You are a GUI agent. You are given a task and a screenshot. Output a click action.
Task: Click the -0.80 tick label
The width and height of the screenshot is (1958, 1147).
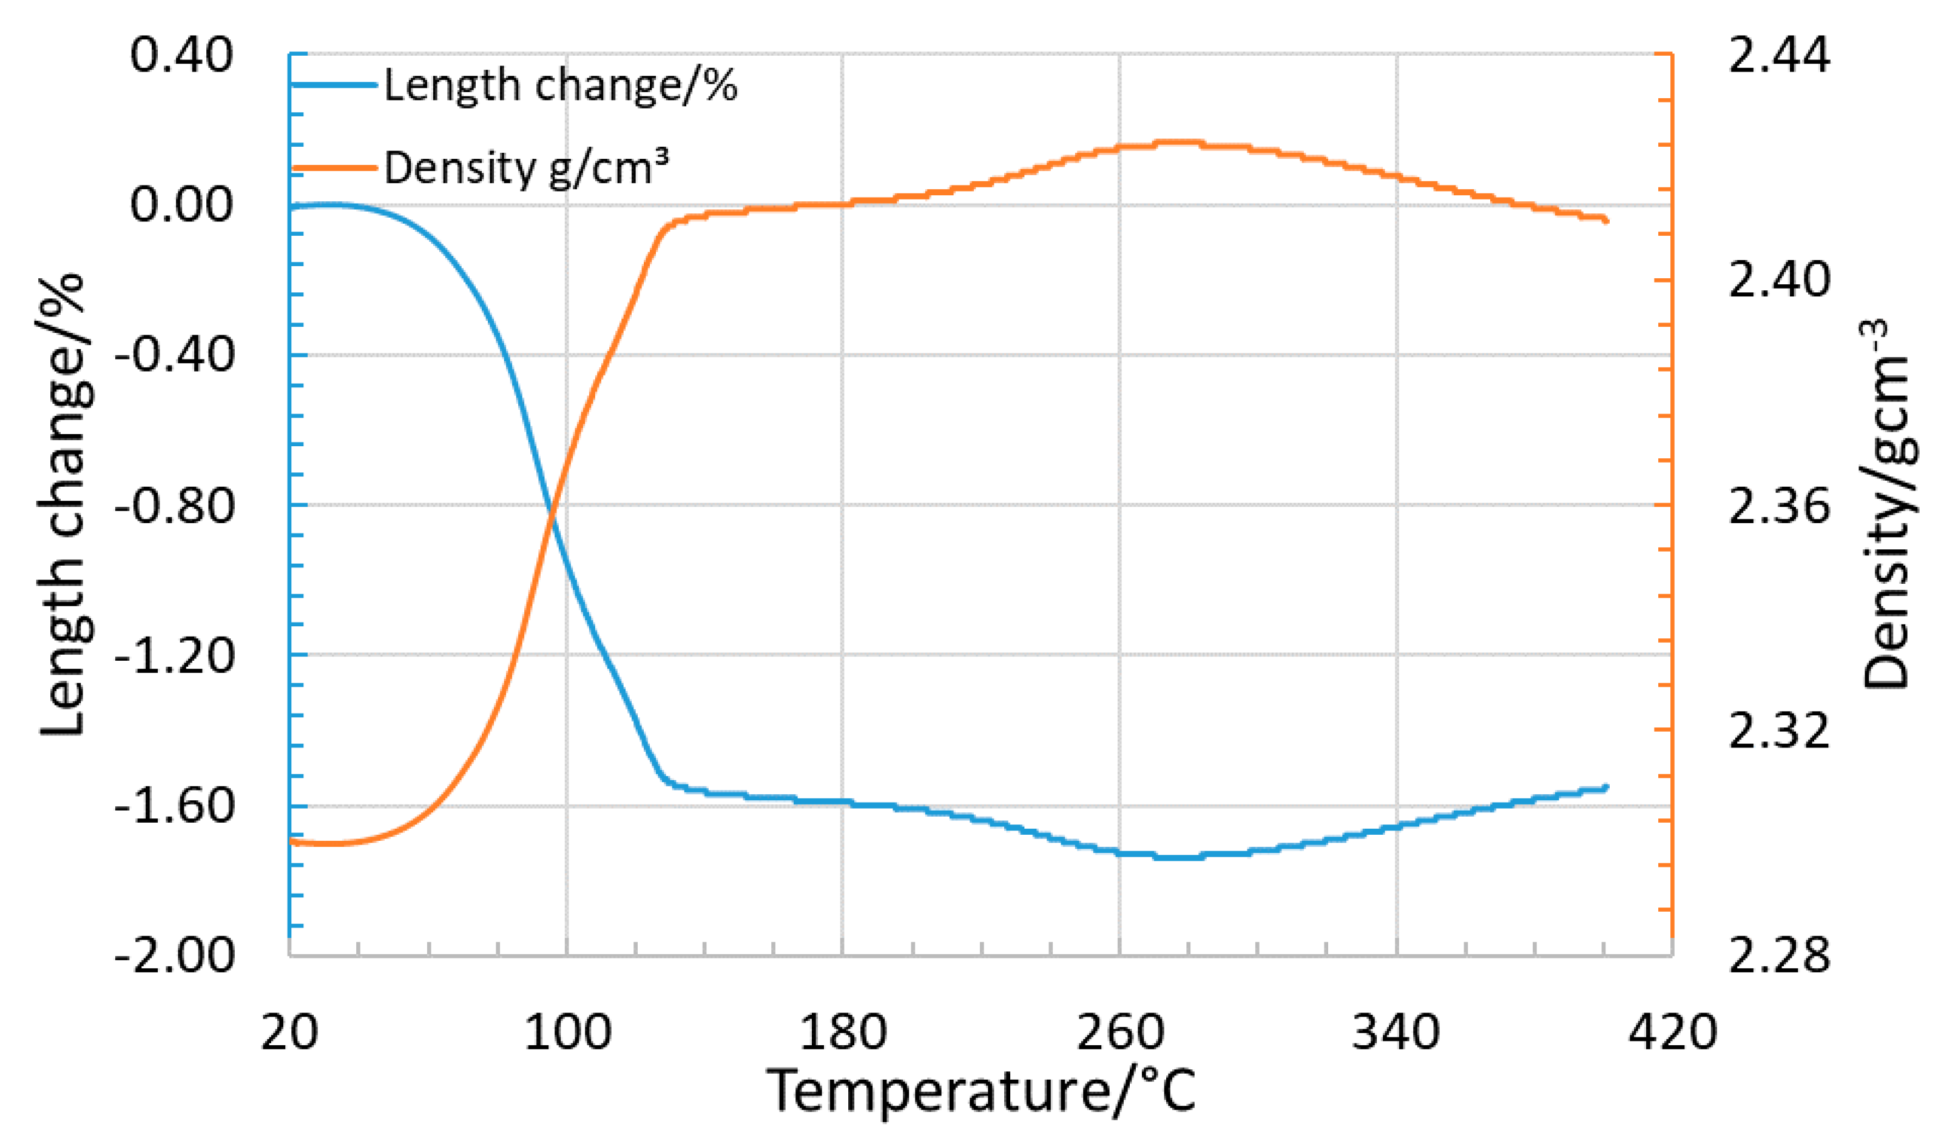coord(174,506)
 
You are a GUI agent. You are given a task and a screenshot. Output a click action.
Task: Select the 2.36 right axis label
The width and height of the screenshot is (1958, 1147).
coord(1778,506)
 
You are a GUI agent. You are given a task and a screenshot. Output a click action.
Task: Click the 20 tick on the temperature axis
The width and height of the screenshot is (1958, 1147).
coord(289,1034)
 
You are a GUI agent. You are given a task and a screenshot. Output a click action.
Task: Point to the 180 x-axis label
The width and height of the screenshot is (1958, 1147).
coord(842,1034)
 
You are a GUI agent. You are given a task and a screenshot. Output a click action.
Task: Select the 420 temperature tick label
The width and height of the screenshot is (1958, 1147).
coord(1672,1034)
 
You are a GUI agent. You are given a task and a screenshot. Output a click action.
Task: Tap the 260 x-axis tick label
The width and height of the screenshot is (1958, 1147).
coord(1119,1034)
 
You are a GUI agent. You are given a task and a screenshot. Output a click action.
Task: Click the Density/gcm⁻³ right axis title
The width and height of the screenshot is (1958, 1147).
coord(1888,505)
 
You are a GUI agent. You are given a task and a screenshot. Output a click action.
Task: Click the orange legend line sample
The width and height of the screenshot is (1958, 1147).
coord(334,168)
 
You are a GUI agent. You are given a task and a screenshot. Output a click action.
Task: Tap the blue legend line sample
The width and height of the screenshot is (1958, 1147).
coord(334,84)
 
